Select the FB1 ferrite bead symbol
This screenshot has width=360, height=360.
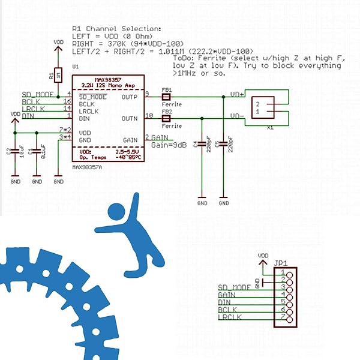coord(166,96)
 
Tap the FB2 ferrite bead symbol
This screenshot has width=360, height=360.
coord(166,119)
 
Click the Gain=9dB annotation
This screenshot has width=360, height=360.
coord(168,145)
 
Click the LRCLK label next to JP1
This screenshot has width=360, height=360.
coord(230,316)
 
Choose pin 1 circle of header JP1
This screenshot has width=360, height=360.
coord(290,274)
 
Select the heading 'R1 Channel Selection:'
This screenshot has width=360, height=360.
coord(116,29)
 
